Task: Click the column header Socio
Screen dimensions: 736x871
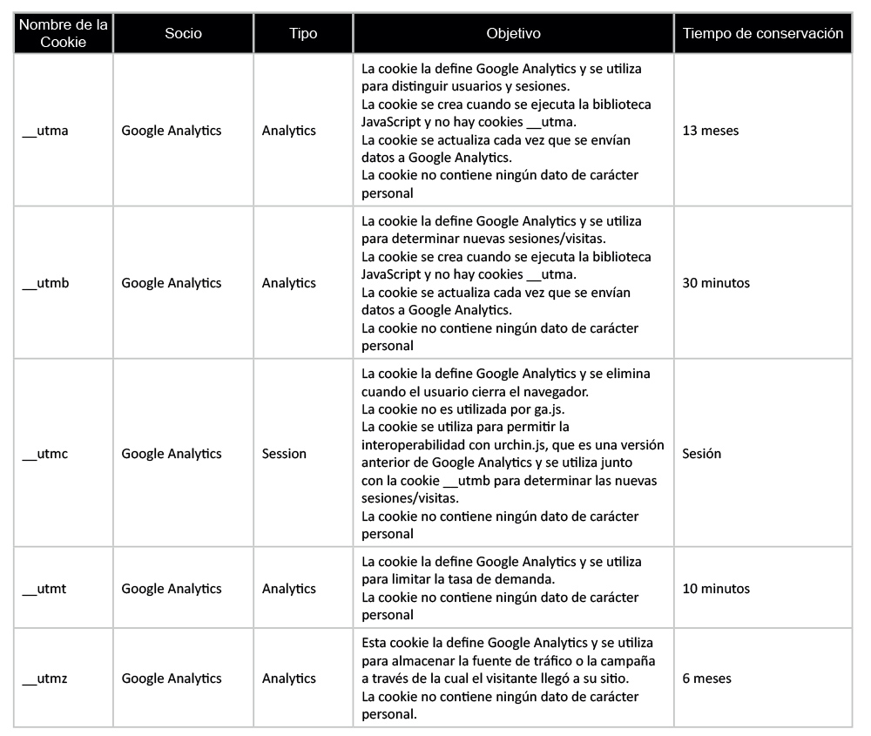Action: (x=183, y=34)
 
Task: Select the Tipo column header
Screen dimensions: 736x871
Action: (x=303, y=34)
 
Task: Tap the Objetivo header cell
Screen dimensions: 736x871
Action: (x=513, y=34)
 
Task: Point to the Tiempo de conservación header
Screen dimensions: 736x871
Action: (x=763, y=34)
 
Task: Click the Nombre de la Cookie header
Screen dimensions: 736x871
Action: (x=64, y=34)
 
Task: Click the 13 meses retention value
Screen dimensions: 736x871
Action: (x=710, y=131)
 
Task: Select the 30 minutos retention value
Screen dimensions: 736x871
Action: (x=716, y=283)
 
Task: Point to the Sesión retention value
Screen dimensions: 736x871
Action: (x=702, y=454)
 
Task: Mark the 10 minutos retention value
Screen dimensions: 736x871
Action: (x=716, y=589)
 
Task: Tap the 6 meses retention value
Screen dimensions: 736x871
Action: (x=706, y=679)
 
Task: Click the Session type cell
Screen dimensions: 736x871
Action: (x=284, y=454)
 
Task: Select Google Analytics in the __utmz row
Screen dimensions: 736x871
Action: (x=172, y=679)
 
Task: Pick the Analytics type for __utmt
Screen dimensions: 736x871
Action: (x=289, y=589)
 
